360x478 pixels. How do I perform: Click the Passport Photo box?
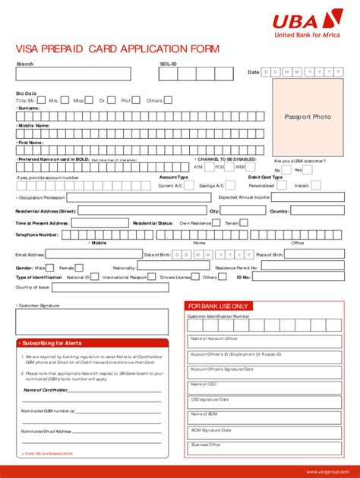[308, 117]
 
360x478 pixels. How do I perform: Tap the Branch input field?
[73, 74]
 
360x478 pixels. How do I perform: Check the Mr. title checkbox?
[41, 100]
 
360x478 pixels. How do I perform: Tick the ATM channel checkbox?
[208, 166]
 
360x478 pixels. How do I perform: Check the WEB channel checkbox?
[251, 166]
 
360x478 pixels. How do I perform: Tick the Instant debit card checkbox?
[315, 185]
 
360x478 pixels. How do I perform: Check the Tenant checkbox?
[245, 223]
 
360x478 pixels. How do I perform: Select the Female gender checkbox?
[79, 268]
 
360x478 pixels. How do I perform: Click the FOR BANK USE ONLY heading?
[217, 307]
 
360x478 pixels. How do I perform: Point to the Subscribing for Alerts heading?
[52, 343]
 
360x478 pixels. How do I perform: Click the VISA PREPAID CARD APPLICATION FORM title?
[118, 49]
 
